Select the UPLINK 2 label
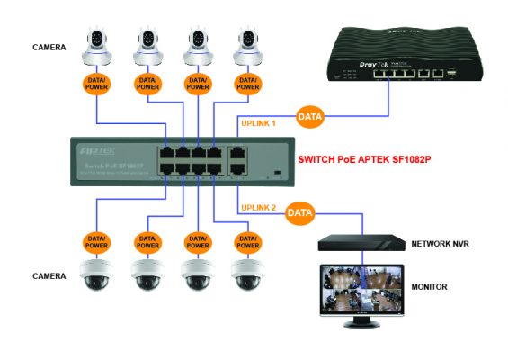click(259, 209)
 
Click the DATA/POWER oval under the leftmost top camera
click(96, 86)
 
